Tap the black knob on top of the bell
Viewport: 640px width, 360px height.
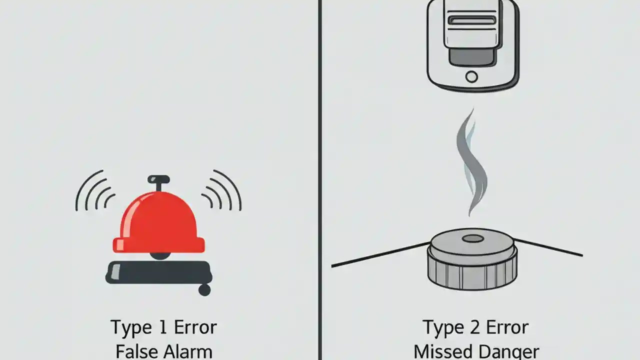[158, 179]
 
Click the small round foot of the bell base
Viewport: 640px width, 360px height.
[204, 290]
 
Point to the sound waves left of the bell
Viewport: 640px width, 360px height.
[95, 192]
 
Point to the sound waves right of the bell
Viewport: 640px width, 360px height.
[222, 192]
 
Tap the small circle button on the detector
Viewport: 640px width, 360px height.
[471, 76]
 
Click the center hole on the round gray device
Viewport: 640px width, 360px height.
[472, 238]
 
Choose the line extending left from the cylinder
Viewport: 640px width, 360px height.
[380, 255]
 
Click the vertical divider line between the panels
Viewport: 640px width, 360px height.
[319, 180]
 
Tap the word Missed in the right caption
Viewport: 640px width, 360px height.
[443, 351]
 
